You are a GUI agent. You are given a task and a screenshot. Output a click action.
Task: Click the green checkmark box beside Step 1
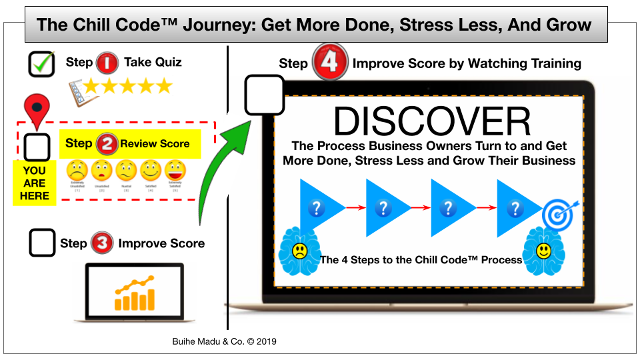point(41,64)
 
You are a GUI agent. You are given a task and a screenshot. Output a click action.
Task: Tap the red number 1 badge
point(107,64)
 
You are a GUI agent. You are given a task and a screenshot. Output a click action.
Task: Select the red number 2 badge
point(107,143)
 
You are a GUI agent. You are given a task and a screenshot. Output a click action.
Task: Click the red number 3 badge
point(102,243)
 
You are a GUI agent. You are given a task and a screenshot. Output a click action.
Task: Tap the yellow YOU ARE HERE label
point(35,183)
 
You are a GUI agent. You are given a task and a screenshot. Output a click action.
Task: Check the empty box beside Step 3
point(42,243)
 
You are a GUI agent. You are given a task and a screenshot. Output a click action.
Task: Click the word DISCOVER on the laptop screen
point(432,121)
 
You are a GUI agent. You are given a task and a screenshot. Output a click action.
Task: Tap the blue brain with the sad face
point(299,251)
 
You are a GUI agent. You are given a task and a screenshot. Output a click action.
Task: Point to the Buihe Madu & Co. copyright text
point(224,341)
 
